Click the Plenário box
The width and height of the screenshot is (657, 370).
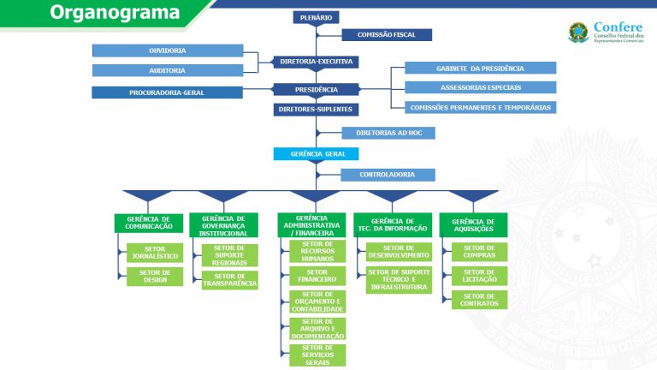(316, 18)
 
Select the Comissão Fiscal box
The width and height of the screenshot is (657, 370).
(387, 35)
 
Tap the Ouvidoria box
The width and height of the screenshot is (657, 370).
(168, 51)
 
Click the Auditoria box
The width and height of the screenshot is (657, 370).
(168, 70)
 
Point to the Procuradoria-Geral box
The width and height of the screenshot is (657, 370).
(167, 92)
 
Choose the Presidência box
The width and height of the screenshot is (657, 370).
(316, 89)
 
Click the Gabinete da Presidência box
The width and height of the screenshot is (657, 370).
(481, 68)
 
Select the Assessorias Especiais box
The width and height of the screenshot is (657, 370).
(481, 87)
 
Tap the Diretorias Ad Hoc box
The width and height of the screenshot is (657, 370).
(388, 133)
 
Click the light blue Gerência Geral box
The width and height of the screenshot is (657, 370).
(316, 154)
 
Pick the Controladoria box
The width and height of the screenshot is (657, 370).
(388, 175)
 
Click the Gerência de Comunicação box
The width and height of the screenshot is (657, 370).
(149, 224)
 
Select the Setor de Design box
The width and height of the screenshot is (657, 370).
(155, 277)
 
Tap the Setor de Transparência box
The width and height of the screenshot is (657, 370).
(230, 280)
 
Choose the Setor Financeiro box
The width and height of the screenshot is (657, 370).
(317, 276)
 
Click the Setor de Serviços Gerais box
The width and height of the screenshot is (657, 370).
(317, 355)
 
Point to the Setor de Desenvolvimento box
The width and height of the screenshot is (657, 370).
(399, 252)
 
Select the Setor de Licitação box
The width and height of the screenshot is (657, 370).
(479, 276)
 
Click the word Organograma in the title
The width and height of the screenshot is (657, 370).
(115, 12)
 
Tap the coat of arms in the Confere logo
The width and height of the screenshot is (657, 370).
(578, 33)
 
